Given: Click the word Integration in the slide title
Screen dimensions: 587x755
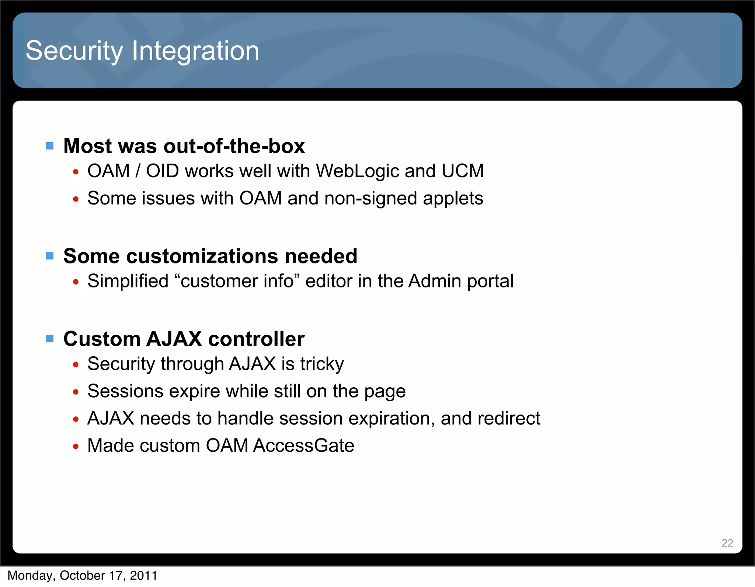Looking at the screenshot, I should click(195, 51).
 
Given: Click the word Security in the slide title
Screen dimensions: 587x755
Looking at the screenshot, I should click(74, 51).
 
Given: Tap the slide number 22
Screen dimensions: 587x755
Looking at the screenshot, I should click(727, 543).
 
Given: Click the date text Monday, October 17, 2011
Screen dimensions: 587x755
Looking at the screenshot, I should click(83, 576).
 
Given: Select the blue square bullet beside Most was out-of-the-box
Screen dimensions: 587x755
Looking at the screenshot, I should click(50, 146).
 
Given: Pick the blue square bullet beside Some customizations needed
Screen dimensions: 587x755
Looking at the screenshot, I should click(50, 256).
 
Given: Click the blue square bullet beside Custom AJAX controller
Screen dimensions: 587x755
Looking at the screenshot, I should click(50, 338).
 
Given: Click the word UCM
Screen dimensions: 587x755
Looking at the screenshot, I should click(463, 171).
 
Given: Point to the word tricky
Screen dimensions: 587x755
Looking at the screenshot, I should click(322, 364).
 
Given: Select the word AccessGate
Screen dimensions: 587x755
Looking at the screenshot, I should click(303, 446).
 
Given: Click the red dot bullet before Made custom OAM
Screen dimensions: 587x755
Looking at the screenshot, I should click(76, 447).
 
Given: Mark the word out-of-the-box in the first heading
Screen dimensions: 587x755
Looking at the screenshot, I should click(234, 146).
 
